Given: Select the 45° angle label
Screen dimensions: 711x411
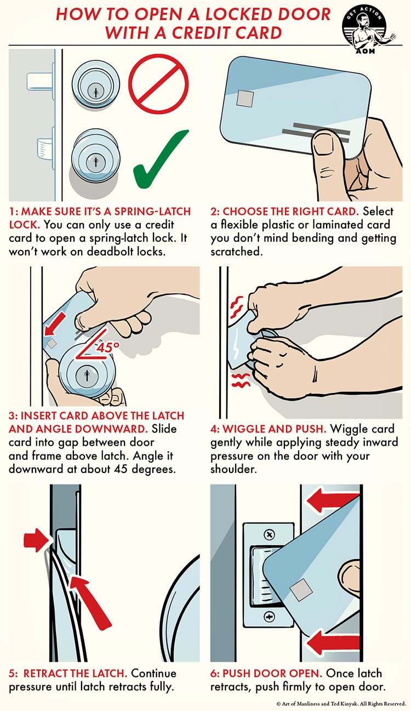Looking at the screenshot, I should click(109, 346).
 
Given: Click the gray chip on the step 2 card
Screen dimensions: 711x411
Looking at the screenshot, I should click(244, 99).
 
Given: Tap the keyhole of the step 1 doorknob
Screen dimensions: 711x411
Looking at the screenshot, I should click(96, 162).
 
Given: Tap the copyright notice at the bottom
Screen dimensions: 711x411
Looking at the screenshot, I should click(339, 702).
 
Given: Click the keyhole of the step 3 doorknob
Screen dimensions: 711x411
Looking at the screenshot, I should click(84, 376).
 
